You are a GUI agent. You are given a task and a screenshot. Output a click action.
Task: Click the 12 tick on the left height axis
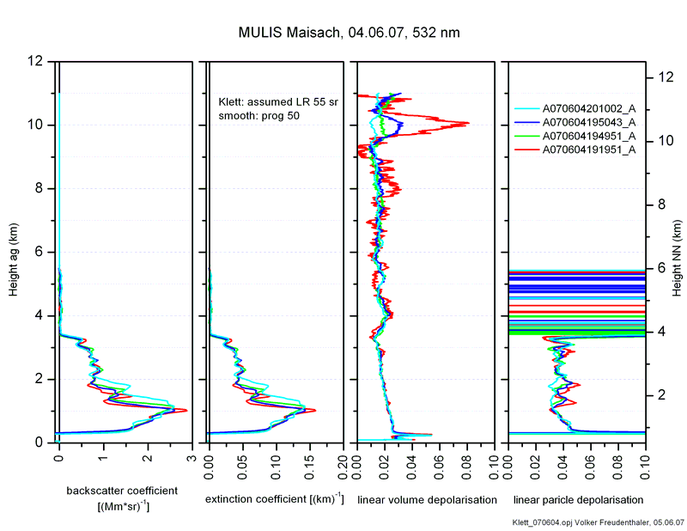[34, 62]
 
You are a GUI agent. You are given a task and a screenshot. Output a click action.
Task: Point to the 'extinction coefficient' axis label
[275, 499]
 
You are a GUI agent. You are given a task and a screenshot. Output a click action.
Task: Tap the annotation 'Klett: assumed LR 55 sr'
[278, 101]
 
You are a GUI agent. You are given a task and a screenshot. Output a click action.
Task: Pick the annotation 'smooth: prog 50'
[259, 115]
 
